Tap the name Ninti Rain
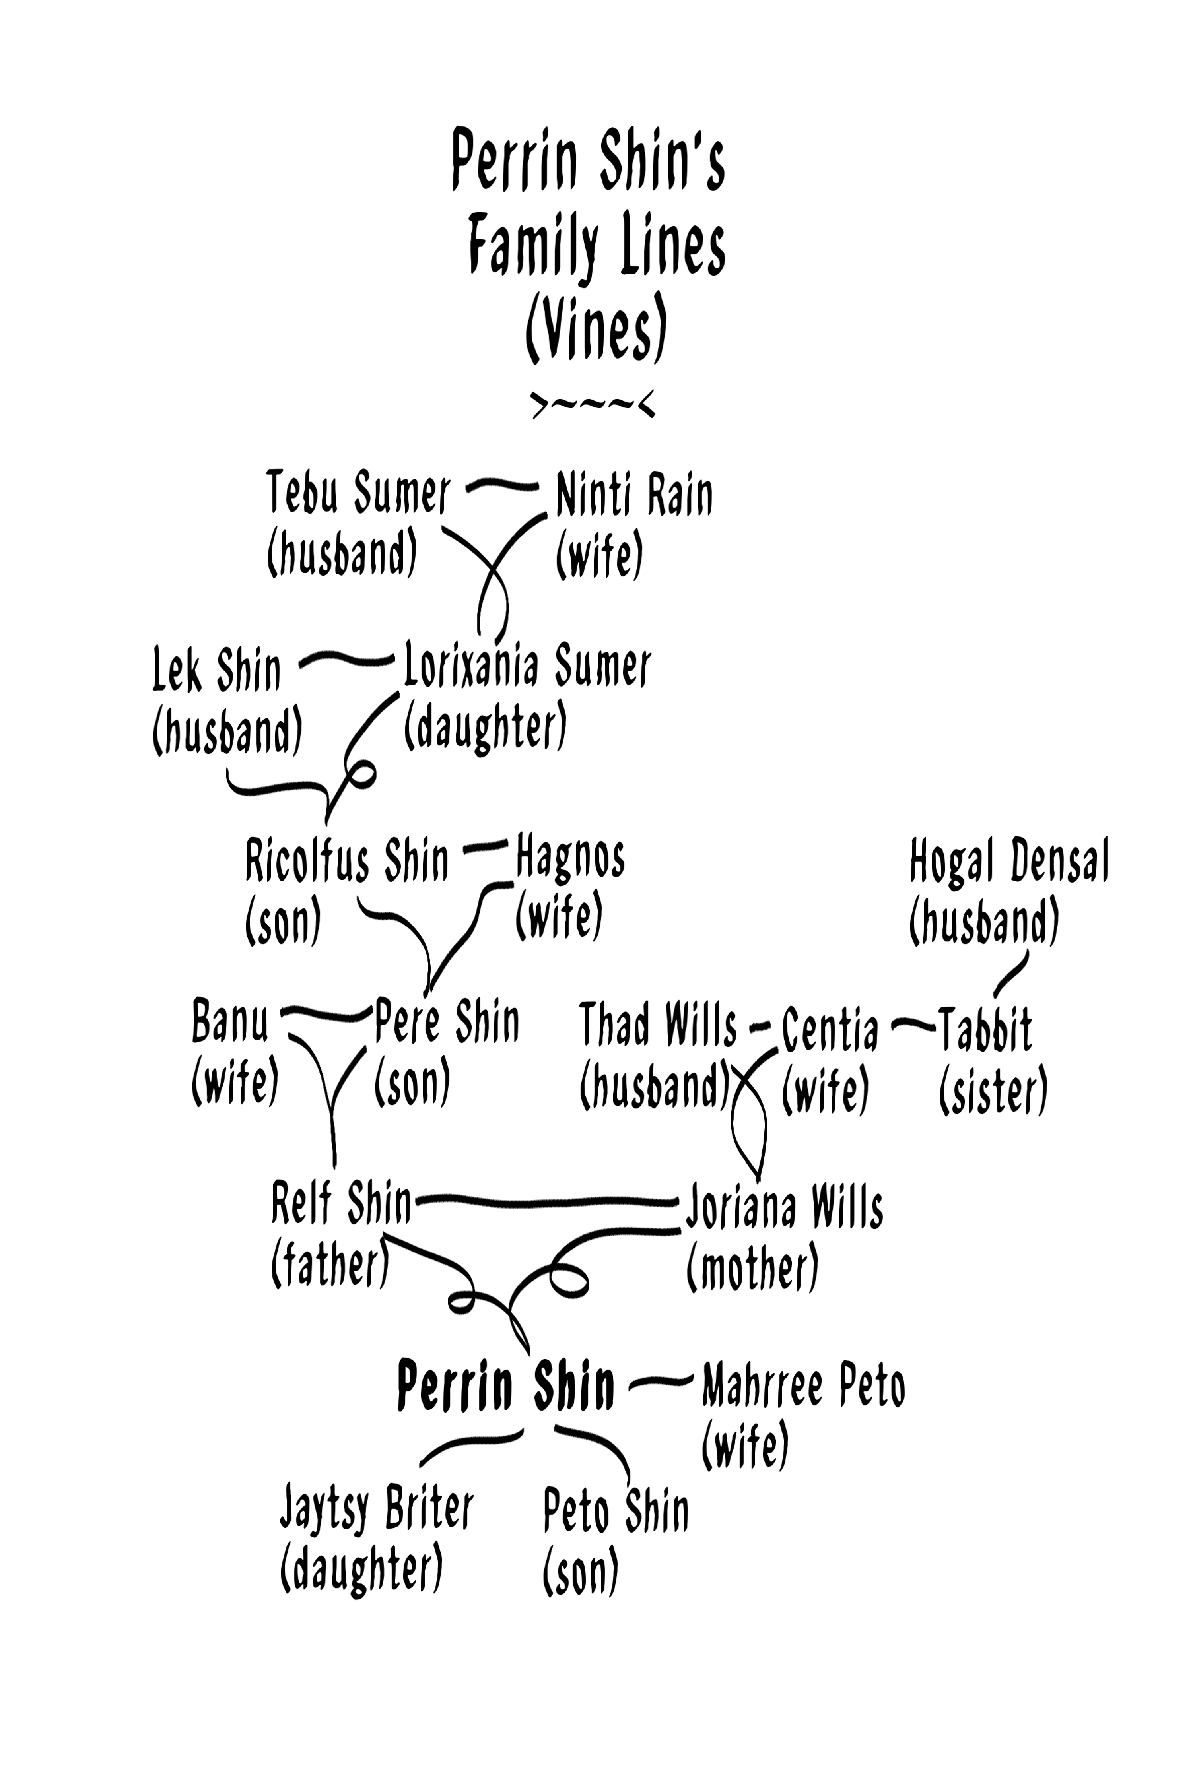coord(634,495)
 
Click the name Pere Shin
coord(447,1022)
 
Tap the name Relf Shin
coord(341,1203)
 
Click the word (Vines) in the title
coord(596,329)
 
